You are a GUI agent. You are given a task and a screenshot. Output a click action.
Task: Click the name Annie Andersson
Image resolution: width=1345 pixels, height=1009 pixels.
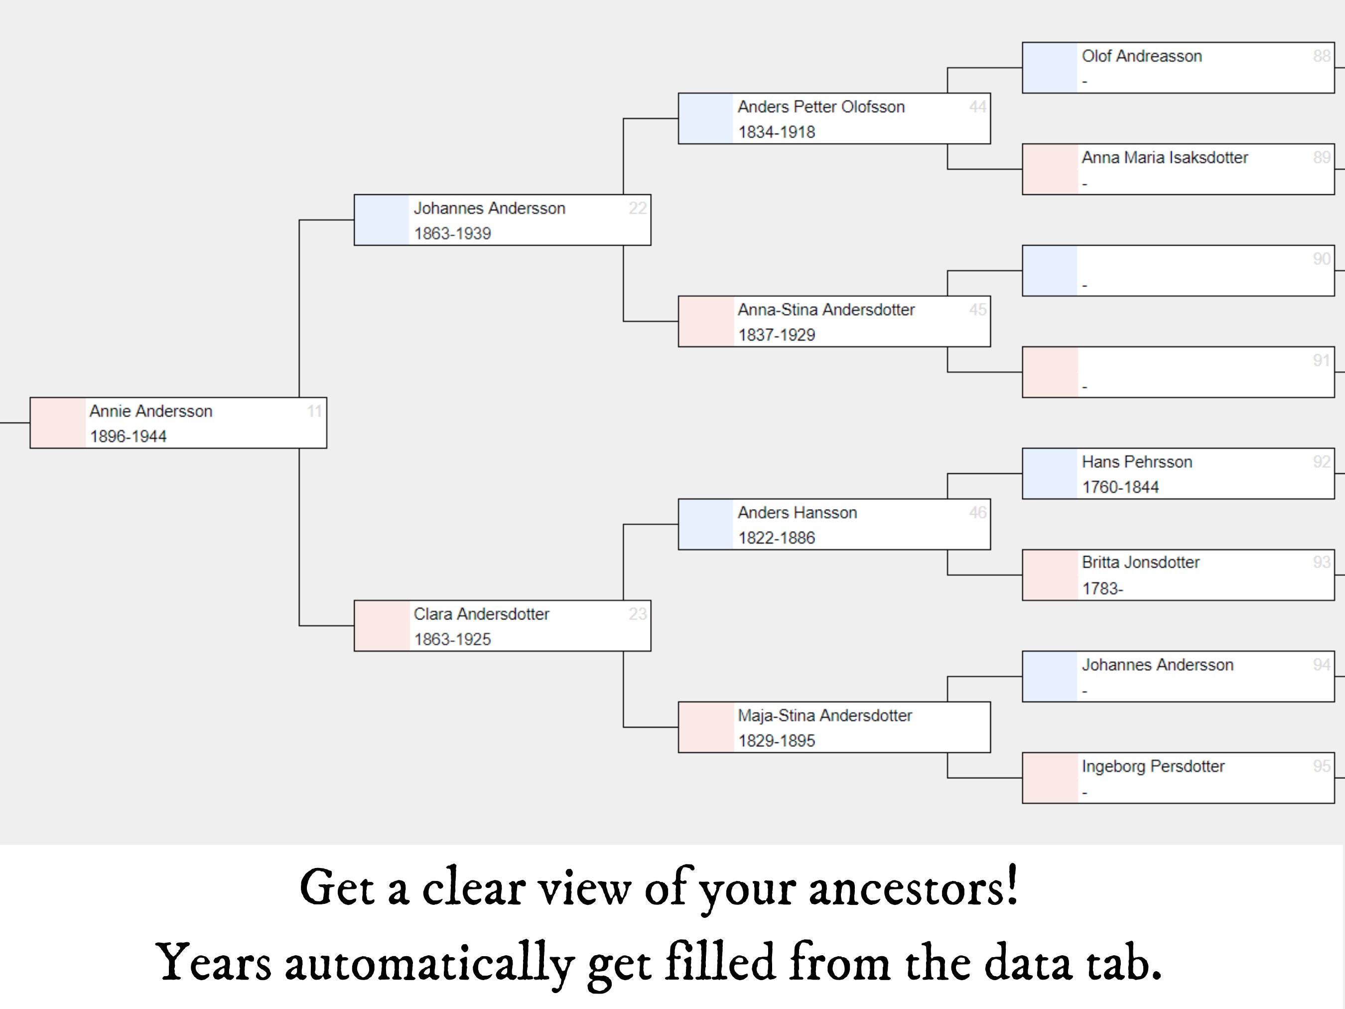click(x=151, y=411)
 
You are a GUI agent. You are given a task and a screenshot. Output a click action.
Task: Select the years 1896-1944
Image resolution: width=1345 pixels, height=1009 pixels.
click(x=129, y=436)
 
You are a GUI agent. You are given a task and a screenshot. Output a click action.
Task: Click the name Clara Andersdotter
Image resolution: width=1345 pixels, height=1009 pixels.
click(x=481, y=614)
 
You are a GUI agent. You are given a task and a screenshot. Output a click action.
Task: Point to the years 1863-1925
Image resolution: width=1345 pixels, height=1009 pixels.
click(x=452, y=639)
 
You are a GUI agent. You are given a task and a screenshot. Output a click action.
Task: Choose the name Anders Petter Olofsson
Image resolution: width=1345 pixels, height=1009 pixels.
click(x=821, y=107)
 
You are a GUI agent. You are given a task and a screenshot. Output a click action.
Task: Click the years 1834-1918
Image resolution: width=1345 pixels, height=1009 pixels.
click(x=777, y=132)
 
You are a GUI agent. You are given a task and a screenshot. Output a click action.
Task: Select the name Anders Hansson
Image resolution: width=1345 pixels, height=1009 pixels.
click(x=797, y=513)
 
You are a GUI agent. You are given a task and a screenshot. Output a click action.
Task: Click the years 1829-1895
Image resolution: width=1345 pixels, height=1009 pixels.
click(x=777, y=741)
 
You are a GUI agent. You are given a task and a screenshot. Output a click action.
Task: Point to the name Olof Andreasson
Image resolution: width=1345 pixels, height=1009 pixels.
click(x=1141, y=56)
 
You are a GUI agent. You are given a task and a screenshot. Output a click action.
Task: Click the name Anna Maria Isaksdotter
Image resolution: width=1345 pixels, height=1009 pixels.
click(x=1164, y=157)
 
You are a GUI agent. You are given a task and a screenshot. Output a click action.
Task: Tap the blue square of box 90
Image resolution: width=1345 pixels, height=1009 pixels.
click(x=1050, y=271)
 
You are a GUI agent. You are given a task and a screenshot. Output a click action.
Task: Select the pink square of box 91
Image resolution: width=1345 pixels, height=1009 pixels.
click(x=1050, y=372)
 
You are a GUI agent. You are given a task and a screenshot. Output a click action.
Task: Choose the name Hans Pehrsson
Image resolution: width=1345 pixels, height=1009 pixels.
click(x=1136, y=462)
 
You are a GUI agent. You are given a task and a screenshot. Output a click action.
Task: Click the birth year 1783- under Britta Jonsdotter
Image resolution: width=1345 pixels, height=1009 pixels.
click(x=1102, y=589)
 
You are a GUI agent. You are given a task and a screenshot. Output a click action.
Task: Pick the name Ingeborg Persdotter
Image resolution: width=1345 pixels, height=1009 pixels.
click(x=1153, y=766)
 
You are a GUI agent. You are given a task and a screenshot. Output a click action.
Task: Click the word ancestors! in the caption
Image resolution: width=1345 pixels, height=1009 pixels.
click(x=913, y=888)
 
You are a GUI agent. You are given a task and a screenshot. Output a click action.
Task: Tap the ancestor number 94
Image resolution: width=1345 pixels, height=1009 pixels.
click(x=1321, y=665)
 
